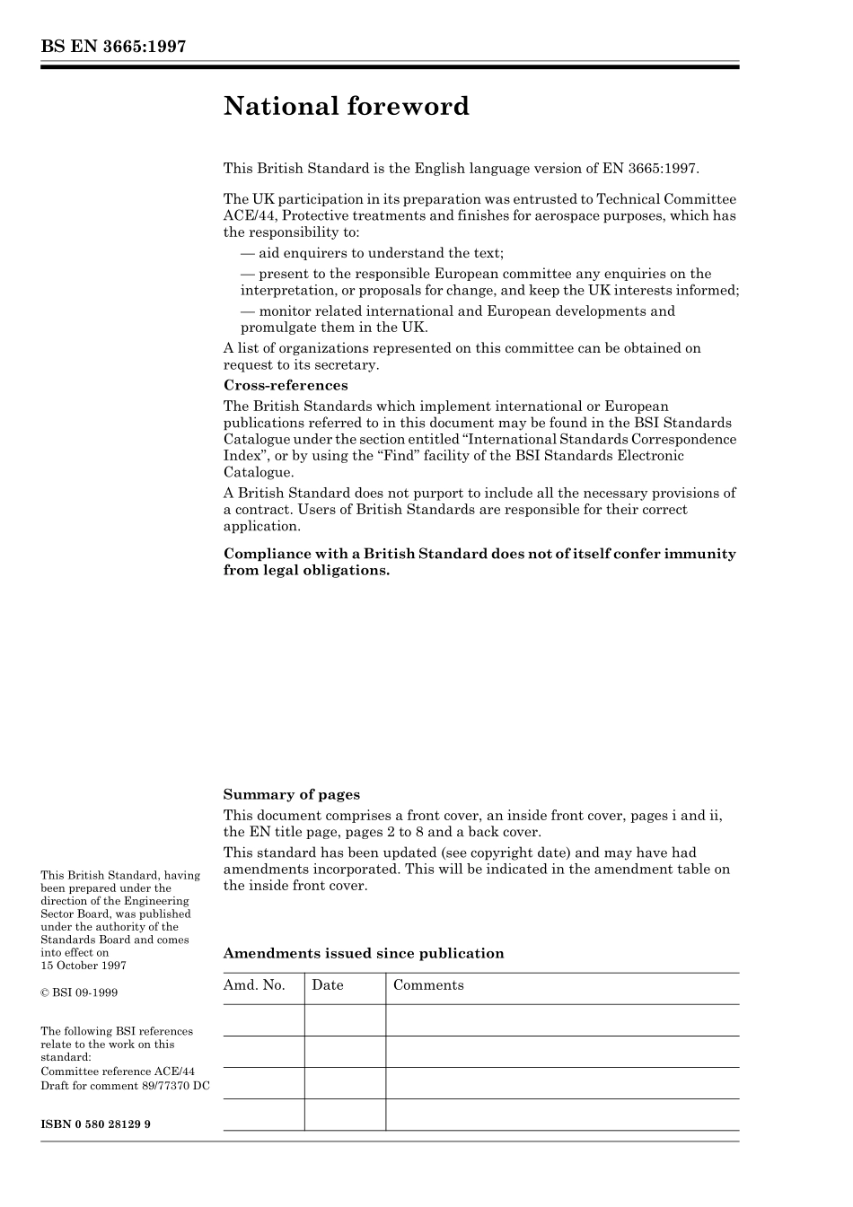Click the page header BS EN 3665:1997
(x=113, y=47)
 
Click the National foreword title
(x=347, y=107)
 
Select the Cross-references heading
(x=286, y=386)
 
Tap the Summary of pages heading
(x=291, y=794)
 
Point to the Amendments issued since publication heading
(x=364, y=953)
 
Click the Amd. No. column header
(x=254, y=985)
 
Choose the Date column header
(x=328, y=985)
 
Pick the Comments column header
(x=428, y=985)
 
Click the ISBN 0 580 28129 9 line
(x=95, y=1124)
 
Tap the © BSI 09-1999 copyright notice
(x=79, y=993)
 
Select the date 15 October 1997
(x=84, y=966)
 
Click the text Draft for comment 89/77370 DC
(x=125, y=1086)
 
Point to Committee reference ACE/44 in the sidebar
(x=118, y=1071)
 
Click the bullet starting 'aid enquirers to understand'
(x=373, y=253)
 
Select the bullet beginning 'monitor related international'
(x=458, y=311)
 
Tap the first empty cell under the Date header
(x=345, y=1020)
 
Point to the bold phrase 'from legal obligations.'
(x=307, y=571)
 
